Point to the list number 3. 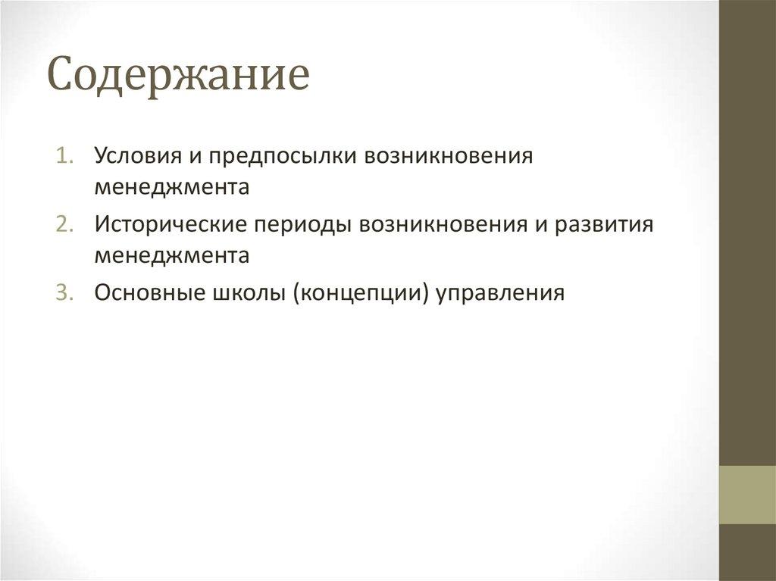(x=64, y=292)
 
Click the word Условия (x=137, y=156)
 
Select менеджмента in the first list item (x=172, y=187)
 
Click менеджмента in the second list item (x=172, y=256)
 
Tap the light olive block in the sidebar (x=747, y=495)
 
